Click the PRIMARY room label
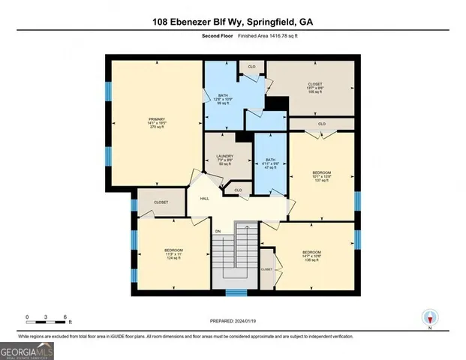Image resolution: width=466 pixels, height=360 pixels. click(156, 118)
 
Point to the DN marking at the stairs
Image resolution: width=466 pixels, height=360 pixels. click(218, 231)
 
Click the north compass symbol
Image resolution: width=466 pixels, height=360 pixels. click(429, 318)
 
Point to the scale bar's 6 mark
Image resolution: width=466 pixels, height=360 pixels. click(66, 317)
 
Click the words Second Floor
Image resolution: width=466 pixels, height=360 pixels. click(217, 36)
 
